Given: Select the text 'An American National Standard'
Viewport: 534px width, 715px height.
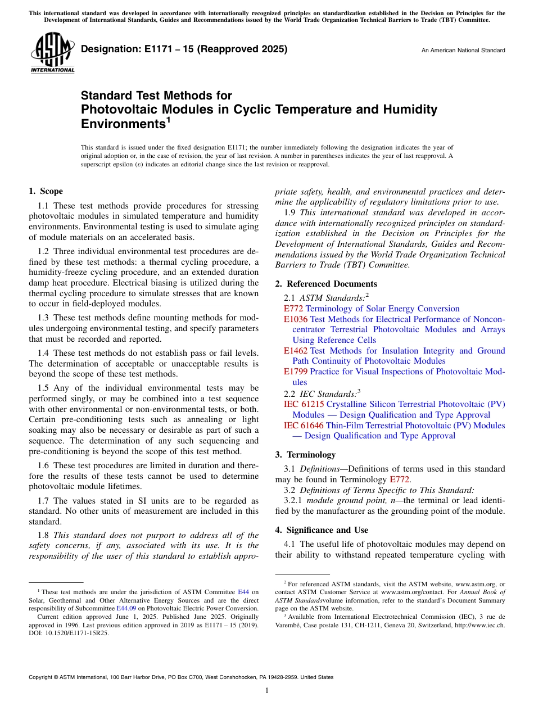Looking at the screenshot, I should (x=463, y=51).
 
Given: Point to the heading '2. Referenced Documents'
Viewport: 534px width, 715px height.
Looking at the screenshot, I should (x=326, y=284).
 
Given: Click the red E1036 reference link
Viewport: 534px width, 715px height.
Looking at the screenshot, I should (x=296, y=319).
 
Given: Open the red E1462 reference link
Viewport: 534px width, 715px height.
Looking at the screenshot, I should (x=296, y=351).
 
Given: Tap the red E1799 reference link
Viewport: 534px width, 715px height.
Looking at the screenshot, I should (x=296, y=372).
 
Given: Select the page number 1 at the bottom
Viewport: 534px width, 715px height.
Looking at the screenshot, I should (x=267, y=691).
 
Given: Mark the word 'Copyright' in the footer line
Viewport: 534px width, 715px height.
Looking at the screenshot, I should (x=42, y=677).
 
